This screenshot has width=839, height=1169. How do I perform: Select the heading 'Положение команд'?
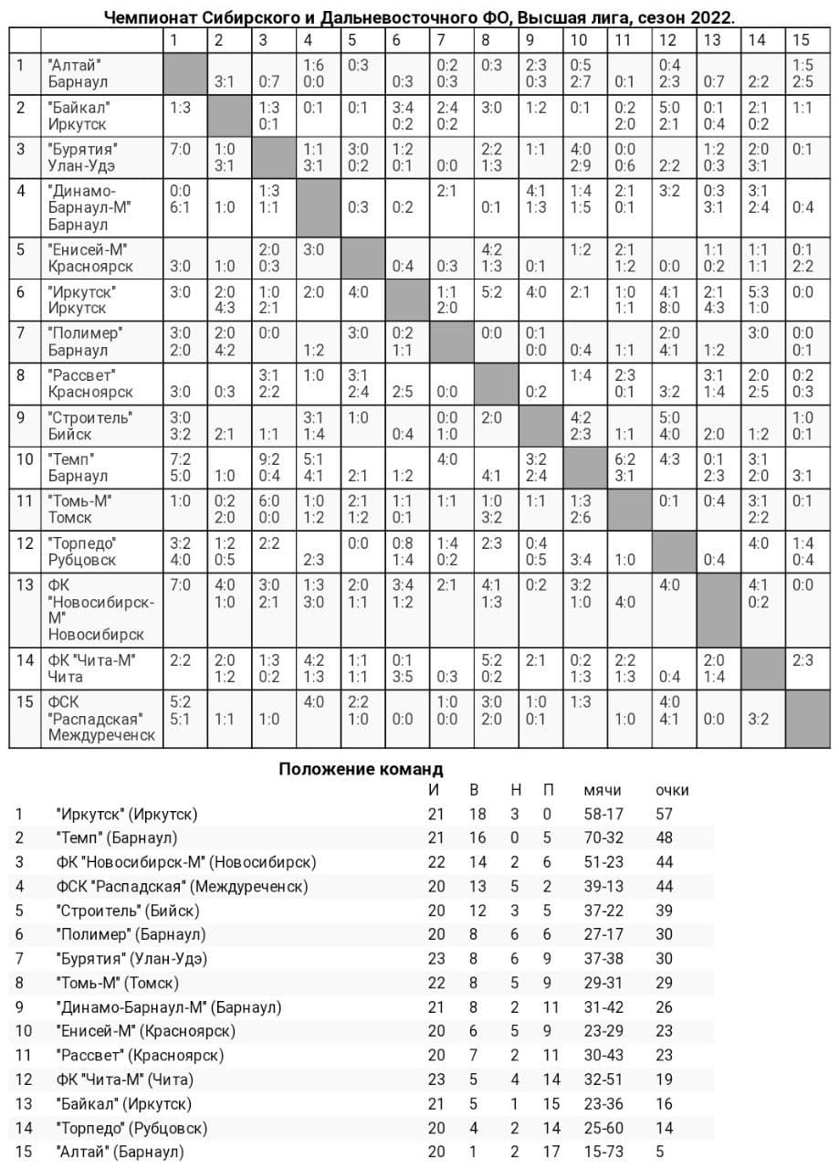point(361,769)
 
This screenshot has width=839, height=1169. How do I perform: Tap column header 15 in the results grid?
point(801,39)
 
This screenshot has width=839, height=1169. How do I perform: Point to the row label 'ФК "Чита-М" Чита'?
point(91,668)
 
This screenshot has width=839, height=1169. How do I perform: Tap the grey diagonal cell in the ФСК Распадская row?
point(809,719)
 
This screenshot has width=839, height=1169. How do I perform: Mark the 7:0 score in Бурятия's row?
point(180,149)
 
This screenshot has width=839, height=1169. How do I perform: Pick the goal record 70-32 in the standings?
point(603,837)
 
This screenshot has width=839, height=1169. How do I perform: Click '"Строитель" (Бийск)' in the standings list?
point(127,911)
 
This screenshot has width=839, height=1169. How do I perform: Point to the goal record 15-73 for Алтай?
point(603,1152)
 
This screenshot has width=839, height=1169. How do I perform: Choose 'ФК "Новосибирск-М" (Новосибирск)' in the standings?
point(185,862)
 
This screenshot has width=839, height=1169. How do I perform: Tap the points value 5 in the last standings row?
point(660,1152)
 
